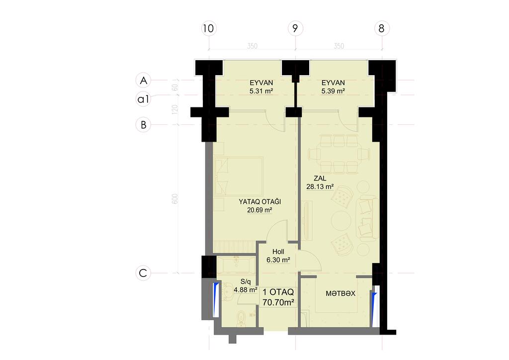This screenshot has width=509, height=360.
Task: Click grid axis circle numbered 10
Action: coord(208,28)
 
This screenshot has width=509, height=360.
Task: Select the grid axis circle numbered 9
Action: coord(295,28)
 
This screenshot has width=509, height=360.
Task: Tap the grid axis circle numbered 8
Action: coord(382,28)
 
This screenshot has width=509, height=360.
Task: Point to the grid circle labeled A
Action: coord(143,80)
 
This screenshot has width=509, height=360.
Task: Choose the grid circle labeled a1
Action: coord(143,98)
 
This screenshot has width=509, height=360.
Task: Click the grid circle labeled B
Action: coord(143,125)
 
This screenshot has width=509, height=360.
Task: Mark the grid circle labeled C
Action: coord(143,273)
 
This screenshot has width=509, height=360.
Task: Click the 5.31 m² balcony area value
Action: coord(261,91)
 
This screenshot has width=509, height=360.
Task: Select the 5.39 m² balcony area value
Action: coord(333,91)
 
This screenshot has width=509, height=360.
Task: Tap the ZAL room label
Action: coord(320,178)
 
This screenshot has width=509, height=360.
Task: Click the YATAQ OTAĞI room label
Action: coord(259,201)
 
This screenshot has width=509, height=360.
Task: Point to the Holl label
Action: coord(278,252)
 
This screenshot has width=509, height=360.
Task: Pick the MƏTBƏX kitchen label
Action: coord(340,293)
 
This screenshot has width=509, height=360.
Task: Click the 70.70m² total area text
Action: coord(278,302)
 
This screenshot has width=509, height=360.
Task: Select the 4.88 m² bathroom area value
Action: coord(246,289)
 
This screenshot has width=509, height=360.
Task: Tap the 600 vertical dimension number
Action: coord(174,199)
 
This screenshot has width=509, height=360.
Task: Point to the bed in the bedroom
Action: coord(238,177)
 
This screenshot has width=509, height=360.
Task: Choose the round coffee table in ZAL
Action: coord(341,221)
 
